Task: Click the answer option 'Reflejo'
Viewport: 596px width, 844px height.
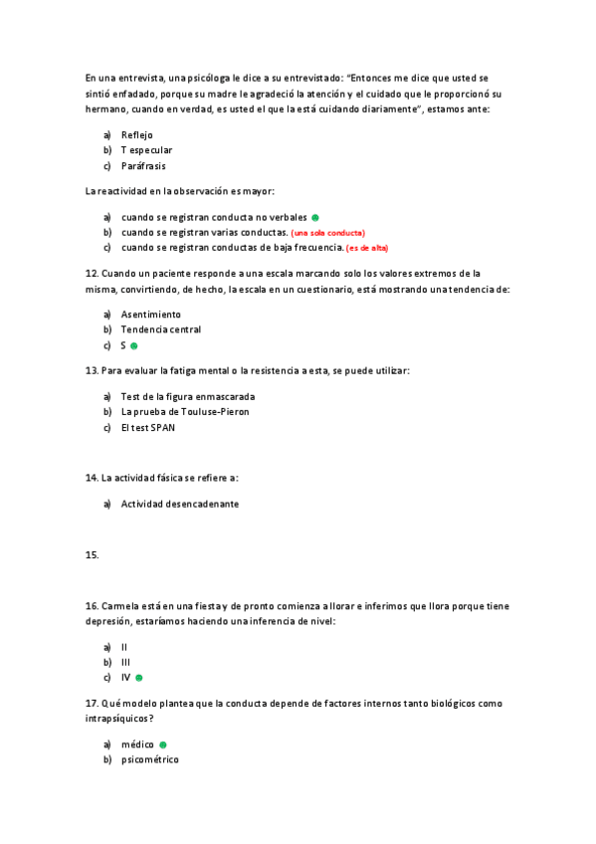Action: point(137,134)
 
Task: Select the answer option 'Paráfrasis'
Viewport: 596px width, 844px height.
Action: point(143,166)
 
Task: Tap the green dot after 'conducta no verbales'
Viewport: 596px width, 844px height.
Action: point(314,217)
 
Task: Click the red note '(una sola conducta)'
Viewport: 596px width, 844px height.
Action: point(328,233)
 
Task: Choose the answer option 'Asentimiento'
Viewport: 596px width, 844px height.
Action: point(151,314)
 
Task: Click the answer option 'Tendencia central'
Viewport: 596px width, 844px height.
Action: point(161,329)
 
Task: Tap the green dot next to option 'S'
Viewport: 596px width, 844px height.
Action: point(133,346)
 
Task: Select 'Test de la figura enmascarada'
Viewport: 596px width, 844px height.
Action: point(181,396)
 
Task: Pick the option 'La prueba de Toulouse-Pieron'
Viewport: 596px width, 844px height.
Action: point(185,412)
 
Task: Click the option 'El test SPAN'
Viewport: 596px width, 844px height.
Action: point(148,428)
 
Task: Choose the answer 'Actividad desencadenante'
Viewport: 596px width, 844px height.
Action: point(180,504)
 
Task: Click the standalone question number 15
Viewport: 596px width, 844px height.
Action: point(93,555)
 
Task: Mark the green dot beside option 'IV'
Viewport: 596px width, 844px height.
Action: point(139,678)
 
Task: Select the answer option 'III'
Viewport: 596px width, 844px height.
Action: point(126,662)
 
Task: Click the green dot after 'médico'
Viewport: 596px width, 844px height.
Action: point(162,743)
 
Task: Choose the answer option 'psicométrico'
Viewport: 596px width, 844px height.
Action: point(150,759)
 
